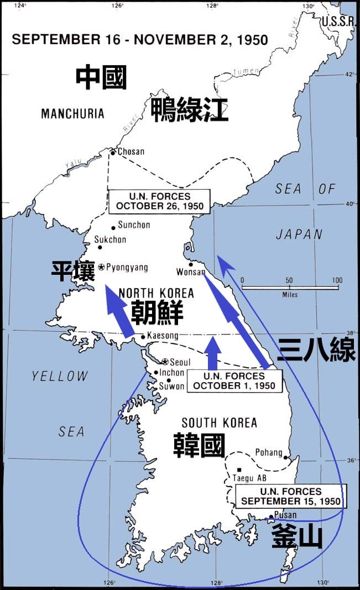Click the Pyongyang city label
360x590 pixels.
pos(127,268)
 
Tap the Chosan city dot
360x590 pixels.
pos(112,152)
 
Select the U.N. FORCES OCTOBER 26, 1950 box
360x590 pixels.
pos(160,201)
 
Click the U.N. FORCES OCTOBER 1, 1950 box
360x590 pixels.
pos(234,381)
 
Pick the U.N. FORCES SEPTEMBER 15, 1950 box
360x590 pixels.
pos(291,497)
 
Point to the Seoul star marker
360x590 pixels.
pos(165,362)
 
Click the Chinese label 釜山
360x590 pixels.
pos(297,536)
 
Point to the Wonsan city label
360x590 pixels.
pos(191,272)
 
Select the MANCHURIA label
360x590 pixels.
pos(72,114)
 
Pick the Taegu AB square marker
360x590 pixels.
pos(239,469)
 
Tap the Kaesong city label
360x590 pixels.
pos(163,336)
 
